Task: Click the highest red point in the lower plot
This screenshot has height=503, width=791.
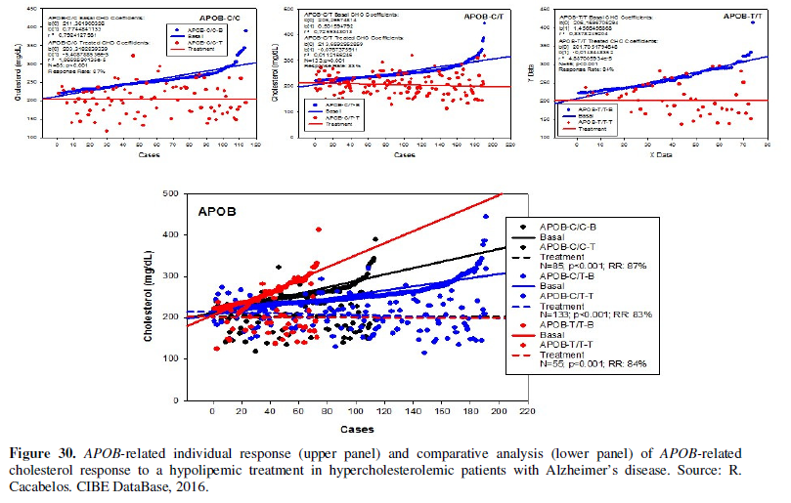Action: click(319, 230)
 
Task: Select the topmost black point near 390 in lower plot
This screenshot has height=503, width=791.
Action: click(375, 238)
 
